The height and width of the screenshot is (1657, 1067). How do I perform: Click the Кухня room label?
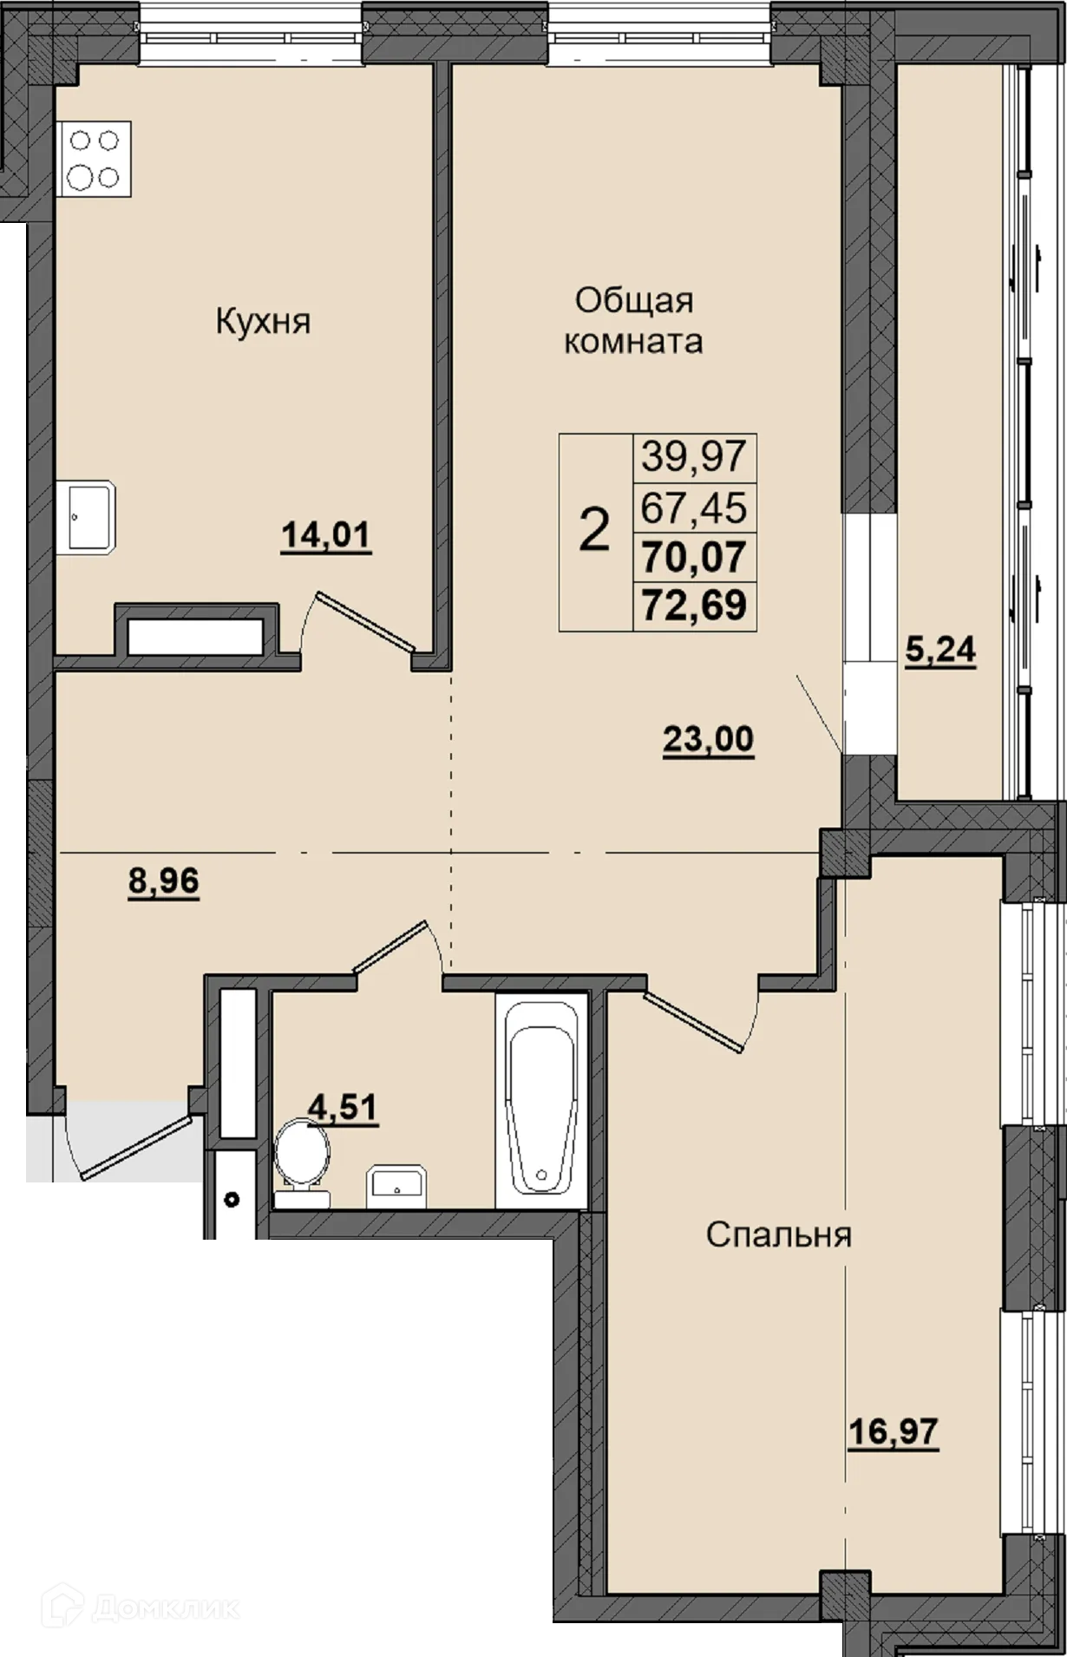(x=263, y=322)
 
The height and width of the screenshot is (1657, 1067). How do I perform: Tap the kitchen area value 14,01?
(x=326, y=536)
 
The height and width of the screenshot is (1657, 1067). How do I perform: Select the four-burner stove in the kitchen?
(x=95, y=159)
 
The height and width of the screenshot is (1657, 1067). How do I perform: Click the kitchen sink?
(x=90, y=517)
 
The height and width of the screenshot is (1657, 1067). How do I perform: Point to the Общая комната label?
(x=633, y=321)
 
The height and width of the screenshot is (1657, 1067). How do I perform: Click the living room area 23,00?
(x=709, y=740)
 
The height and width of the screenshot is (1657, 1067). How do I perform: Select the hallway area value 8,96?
(x=164, y=881)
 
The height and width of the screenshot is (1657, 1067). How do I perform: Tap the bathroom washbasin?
(x=396, y=1187)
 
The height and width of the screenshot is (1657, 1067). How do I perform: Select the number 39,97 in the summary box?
(x=694, y=456)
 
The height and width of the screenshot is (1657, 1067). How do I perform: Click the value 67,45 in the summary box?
(x=694, y=507)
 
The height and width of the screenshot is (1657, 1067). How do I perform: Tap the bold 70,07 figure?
(x=694, y=556)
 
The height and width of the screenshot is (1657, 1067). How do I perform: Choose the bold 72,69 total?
(x=694, y=605)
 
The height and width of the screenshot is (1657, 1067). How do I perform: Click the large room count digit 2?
(x=594, y=532)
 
